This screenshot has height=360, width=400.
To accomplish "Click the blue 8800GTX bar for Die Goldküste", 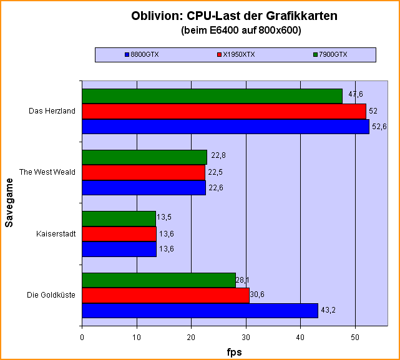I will click(200, 311).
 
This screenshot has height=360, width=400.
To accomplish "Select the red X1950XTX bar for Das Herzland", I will click(224, 111).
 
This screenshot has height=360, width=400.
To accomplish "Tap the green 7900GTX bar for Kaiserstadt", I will click(119, 218).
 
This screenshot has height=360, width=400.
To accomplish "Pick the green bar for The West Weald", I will click(144, 157).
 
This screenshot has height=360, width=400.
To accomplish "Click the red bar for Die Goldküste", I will click(165, 296).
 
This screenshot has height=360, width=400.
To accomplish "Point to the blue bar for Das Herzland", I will click(225, 127).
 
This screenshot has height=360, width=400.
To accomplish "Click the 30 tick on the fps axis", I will click(246, 338).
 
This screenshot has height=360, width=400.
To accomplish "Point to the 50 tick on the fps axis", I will click(355, 338).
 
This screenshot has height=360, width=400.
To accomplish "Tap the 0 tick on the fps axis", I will click(82, 338).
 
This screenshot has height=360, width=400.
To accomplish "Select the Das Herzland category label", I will click(52, 112).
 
